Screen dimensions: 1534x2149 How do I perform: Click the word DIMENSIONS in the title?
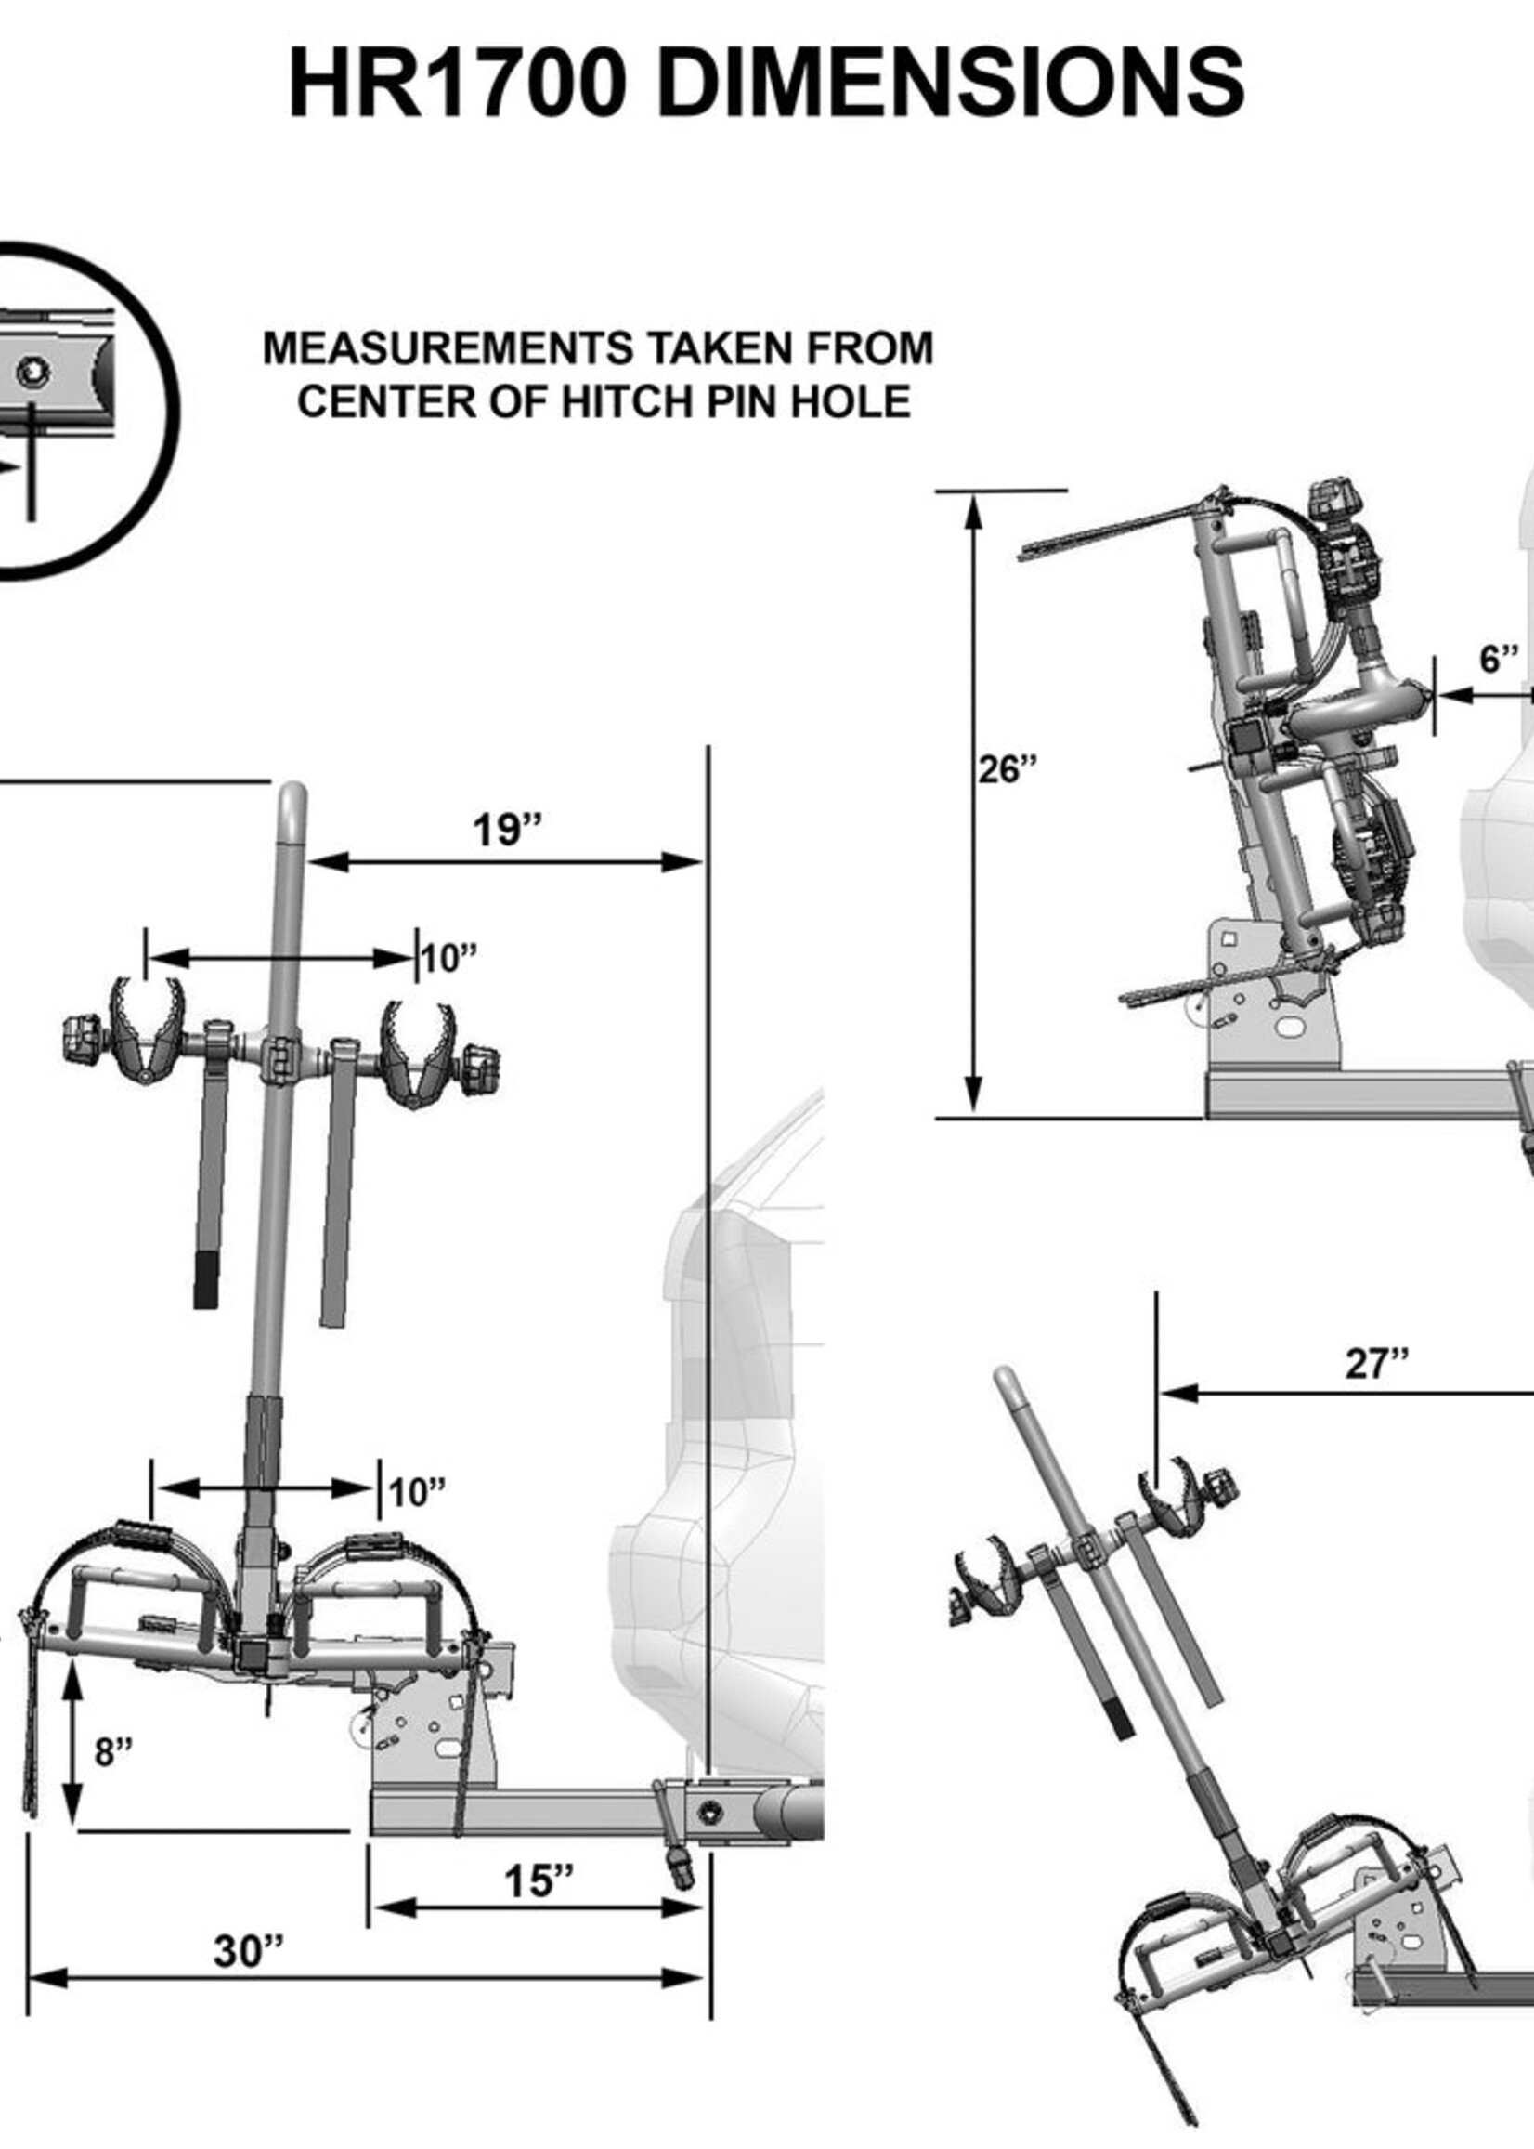(949, 85)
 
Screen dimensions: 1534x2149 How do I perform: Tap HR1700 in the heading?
(457, 85)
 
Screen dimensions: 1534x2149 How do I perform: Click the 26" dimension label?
(1007, 770)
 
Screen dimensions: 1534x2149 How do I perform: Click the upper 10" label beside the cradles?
(448, 959)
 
